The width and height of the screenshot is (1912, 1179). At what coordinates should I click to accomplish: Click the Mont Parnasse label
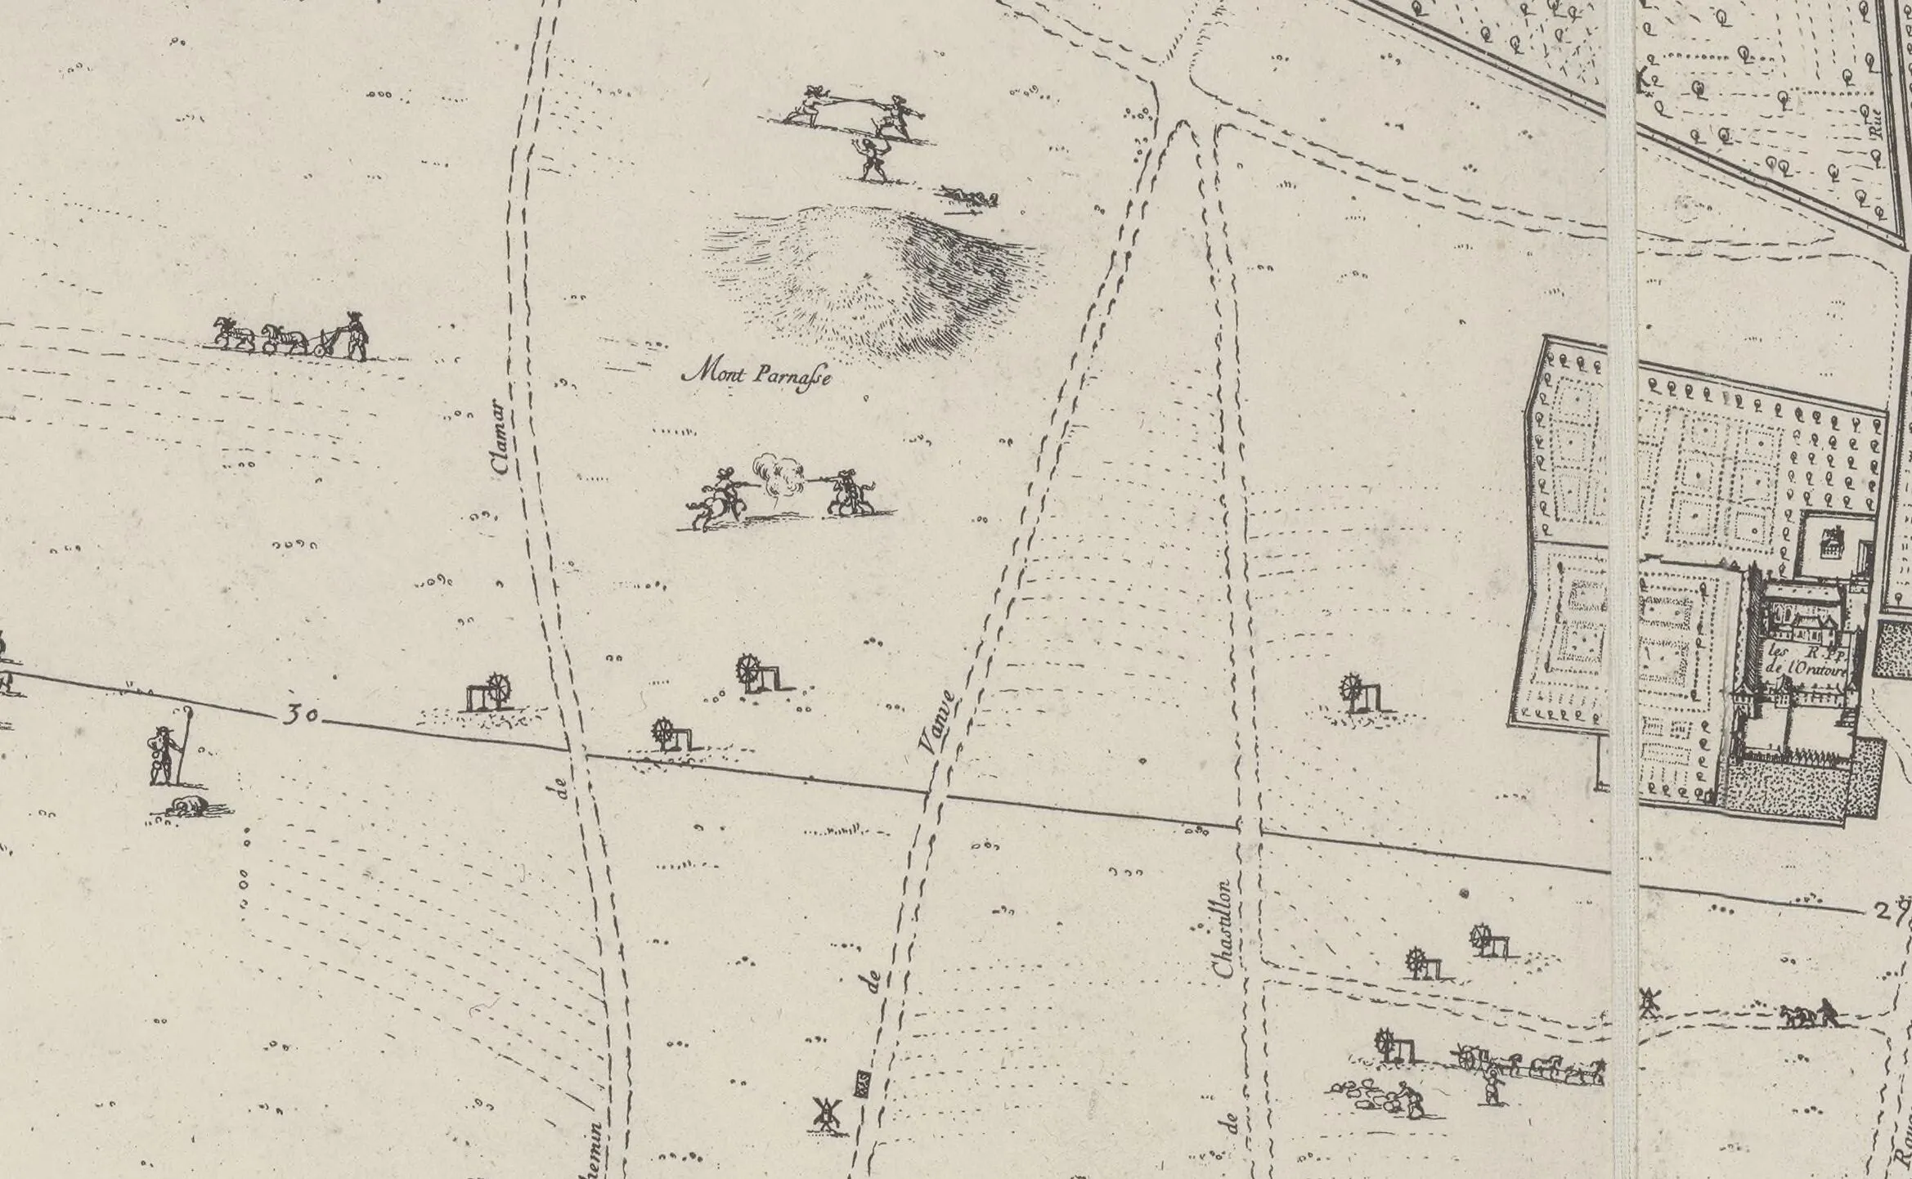point(757,376)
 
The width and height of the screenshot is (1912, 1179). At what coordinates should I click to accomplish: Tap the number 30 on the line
point(300,715)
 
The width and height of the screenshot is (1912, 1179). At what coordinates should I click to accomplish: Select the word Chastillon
point(1223,929)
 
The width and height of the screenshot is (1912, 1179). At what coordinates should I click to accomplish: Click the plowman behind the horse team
point(355,335)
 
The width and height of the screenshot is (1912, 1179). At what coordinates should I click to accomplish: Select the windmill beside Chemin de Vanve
point(827,1114)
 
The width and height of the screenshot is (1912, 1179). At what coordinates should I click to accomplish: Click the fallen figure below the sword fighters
point(970,196)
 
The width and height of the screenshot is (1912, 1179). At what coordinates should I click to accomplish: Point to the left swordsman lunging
point(806,106)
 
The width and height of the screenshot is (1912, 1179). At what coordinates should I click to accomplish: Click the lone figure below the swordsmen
point(872,159)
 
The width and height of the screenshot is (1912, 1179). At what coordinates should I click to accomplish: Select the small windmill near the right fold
point(1649,1002)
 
